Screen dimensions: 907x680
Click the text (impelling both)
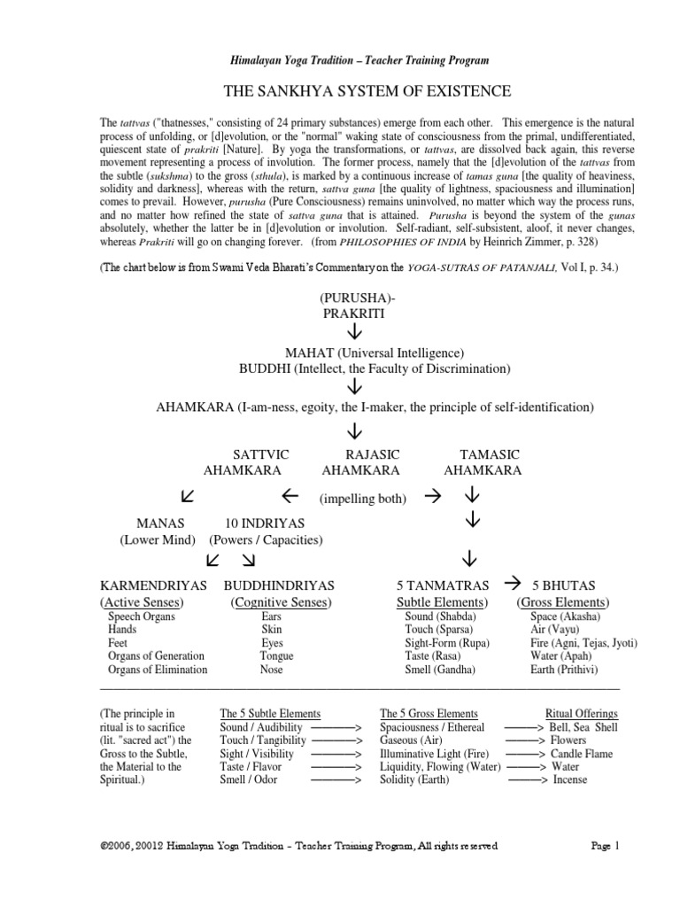tap(362, 499)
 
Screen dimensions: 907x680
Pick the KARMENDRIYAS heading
tap(156, 586)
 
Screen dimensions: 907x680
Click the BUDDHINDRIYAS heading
tap(278, 586)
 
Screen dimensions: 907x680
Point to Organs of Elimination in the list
tap(157, 670)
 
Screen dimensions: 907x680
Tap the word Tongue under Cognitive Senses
tap(275, 656)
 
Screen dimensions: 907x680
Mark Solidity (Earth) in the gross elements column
tap(414, 779)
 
